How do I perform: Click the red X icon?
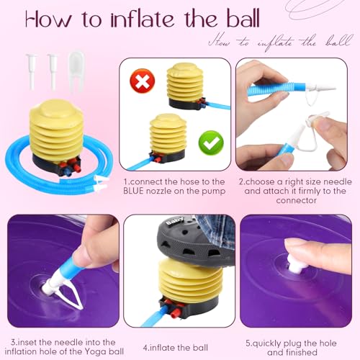pyautogui.click(x=143, y=81)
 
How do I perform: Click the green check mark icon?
pyautogui.click(x=211, y=143)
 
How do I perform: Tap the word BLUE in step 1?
pyautogui.click(x=133, y=191)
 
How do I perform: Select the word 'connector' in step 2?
pyautogui.click(x=296, y=200)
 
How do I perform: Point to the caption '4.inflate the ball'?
pyautogui.click(x=176, y=348)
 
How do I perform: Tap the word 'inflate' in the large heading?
pyautogui.click(x=143, y=18)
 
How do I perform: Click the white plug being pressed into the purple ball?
pyautogui.click(x=294, y=264)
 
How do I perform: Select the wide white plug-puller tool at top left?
pyautogui.click(x=76, y=72)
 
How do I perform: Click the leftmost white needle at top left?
pyautogui.click(x=32, y=71)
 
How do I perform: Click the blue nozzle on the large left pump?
pyautogui.click(x=67, y=171)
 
